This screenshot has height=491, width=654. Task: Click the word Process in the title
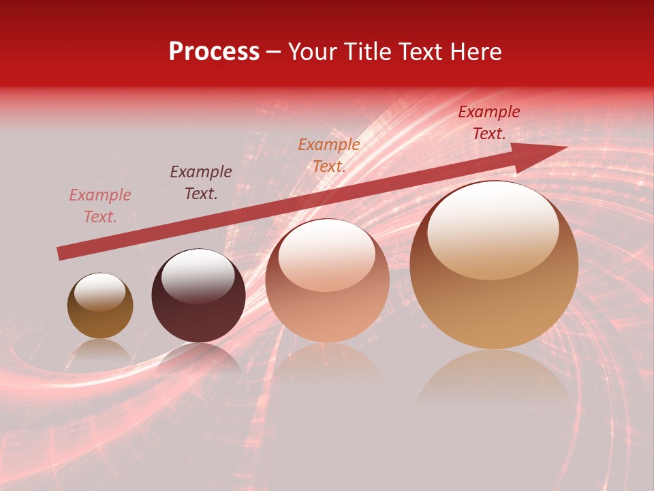click(214, 52)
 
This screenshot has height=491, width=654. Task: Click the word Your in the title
click(314, 52)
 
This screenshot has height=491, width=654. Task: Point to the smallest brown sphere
click(100, 306)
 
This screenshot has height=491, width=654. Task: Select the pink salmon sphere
click(327, 281)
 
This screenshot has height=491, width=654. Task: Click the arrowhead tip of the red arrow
click(565, 147)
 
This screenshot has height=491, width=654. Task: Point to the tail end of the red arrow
click(60, 254)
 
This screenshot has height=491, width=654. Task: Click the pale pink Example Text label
click(100, 206)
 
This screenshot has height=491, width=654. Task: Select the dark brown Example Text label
click(201, 183)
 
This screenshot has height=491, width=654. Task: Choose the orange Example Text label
click(329, 155)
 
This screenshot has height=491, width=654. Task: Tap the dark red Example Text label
click(489, 123)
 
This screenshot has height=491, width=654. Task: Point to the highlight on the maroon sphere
click(198, 276)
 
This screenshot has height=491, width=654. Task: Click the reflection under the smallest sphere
click(101, 351)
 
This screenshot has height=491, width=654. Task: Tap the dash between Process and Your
click(273, 53)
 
